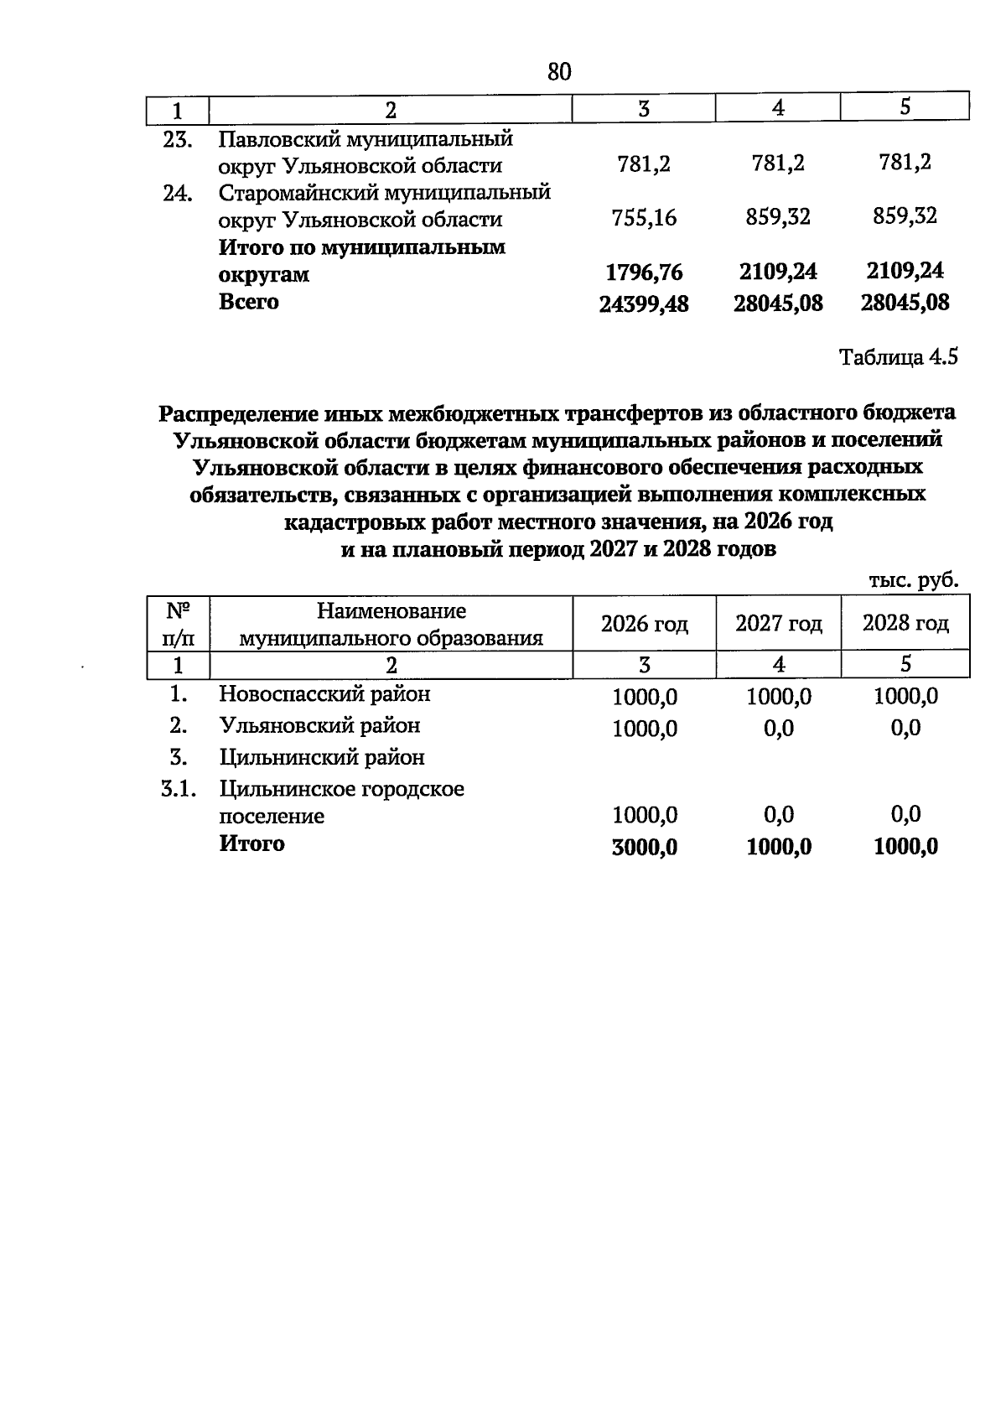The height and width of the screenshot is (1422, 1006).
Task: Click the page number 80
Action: pyautogui.click(x=559, y=72)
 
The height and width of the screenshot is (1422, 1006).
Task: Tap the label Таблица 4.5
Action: pyautogui.click(x=898, y=358)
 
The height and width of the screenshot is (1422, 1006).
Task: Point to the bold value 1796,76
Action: pyautogui.click(x=644, y=272)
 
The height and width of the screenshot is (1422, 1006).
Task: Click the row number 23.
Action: pyautogui.click(x=178, y=139)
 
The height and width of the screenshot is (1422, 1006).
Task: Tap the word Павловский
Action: pyautogui.click(x=270, y=138)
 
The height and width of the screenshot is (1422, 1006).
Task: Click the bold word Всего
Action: pyautogui.click(x=249, y=302)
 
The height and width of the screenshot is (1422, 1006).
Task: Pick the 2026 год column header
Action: pyautogui.click(x=644, y=624)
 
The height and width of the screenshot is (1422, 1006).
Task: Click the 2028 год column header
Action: pyautogui.click(x=905, y=623)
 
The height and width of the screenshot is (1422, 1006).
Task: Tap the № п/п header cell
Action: pyautogui.click(x=177, y=624)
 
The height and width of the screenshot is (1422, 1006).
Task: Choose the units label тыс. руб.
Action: pyautogui.click(x=913, y=581)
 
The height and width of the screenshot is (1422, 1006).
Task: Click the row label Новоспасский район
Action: pyautogui.click(x=324, y=694)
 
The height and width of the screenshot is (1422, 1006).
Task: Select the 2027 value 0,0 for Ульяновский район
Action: pyautogui.click(x=779, y=729)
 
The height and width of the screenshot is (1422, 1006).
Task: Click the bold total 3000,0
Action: pyautogui.click(x=644, y=848)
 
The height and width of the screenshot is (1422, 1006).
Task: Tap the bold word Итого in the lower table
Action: pyautogui.click(x=251, y=843)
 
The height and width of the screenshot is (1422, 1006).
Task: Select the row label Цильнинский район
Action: pyautogui.click(x=322, y=758)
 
